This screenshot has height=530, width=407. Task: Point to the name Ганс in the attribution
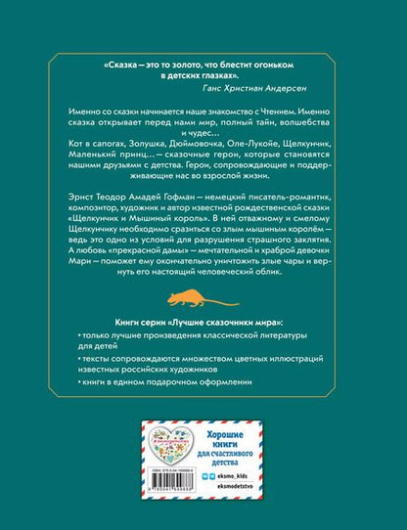point(221,85)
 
